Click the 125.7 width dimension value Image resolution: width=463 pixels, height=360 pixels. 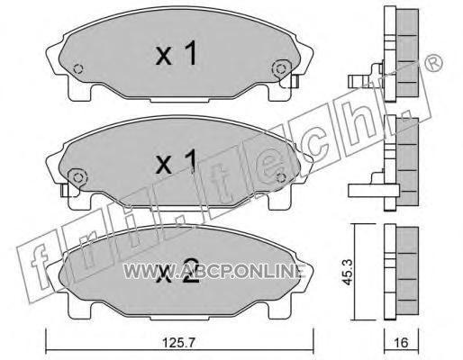point(179,342)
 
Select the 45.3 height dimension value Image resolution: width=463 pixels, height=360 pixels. point(348,272)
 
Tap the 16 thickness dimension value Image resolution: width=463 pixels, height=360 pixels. point(402,342)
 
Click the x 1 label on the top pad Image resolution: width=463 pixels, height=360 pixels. point(176,53)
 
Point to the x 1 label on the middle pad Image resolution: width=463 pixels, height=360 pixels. point(176,161)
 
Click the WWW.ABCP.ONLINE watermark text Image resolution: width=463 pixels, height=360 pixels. point(214,271)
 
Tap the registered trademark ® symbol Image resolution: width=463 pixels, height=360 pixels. point(433,64)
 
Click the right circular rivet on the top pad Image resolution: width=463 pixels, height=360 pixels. point(281,69)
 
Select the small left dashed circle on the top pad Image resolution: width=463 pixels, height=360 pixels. point(78,69)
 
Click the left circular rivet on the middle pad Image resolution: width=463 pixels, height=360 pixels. point(77,177)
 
